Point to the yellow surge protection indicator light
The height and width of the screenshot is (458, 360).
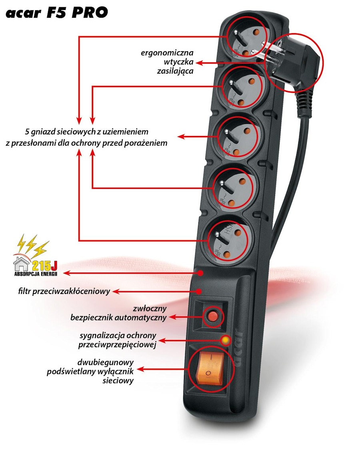226,340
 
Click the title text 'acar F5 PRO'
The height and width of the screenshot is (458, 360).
56,12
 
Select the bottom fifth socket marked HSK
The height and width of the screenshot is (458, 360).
227,239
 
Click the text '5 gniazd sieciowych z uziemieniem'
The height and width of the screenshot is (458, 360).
86,131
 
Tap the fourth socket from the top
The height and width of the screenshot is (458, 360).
232,188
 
